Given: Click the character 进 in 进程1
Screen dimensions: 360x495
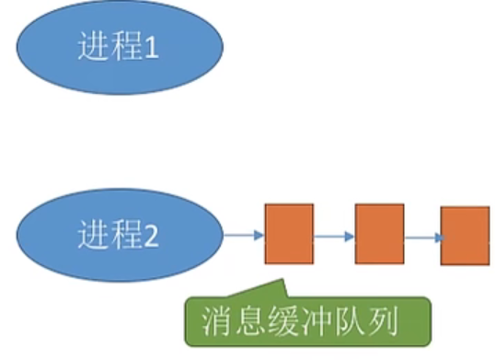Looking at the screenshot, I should [x=94, y=47].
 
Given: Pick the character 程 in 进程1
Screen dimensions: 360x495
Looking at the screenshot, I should [x=122, y=47].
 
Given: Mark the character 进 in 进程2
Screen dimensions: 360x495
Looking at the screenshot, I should [x=94, y=238].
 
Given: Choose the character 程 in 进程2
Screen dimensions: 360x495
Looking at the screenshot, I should [x=122, y=238].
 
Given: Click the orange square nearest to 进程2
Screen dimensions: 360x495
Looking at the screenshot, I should [x=289, y=234].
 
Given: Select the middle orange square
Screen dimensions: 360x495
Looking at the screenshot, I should [x=379, y=234].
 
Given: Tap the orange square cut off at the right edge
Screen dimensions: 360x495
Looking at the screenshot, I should [x=465, y=236].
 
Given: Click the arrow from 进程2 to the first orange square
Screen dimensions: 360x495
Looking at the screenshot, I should [x=244, y=237].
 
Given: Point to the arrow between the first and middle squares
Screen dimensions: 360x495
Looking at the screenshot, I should [x=334, y=237].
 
